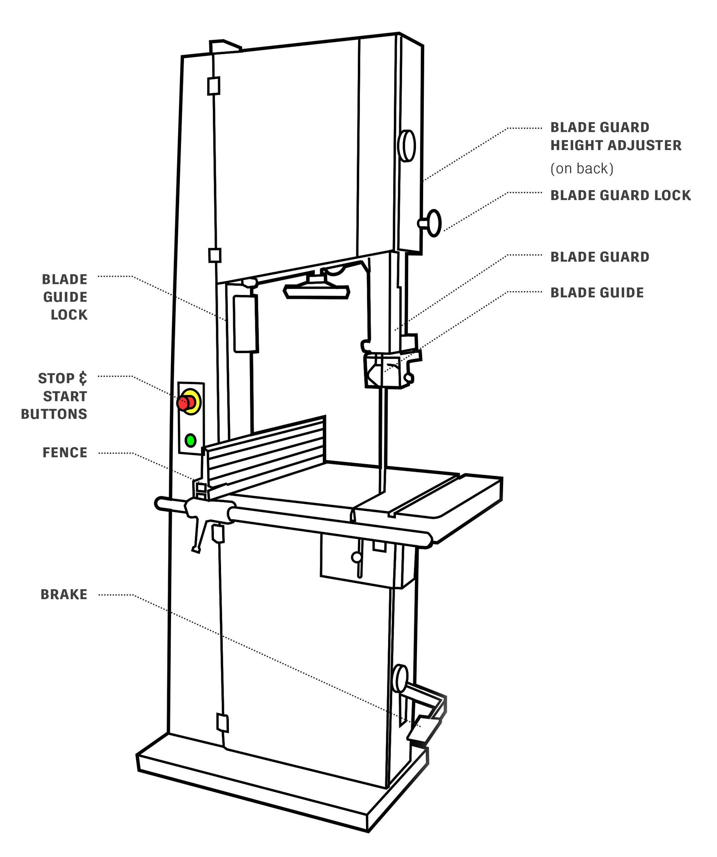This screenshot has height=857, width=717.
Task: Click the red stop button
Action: [x=185, y=403]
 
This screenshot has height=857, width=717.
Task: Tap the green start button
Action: [x=190, y=440]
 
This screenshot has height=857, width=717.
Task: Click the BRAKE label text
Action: [x=64, y=595]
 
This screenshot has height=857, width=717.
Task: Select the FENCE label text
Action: [x=65, y=452]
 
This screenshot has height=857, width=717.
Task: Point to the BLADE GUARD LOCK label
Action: [x=620, y=195]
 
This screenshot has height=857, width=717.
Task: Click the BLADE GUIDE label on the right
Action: [x=597, y=292]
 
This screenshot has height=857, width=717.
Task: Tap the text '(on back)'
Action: [x=582, y=169]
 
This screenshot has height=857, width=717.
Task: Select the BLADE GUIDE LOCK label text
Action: [x=65, y=297]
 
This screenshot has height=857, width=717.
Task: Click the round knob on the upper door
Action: [x=406, y=146]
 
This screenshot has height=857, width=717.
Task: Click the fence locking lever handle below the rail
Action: [x=198, y=534]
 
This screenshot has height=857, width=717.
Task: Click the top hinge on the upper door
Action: [x=214, y=86]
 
